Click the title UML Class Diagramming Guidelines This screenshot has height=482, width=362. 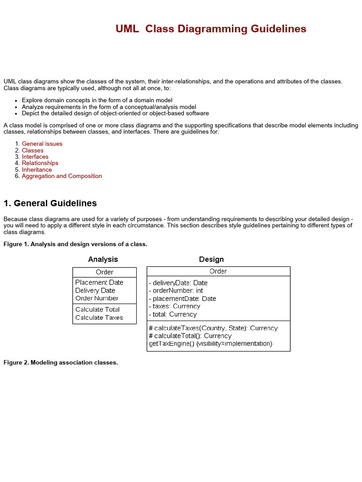(211, 29)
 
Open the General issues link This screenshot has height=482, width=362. (42, 144)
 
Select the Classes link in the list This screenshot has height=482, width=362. (33, 150)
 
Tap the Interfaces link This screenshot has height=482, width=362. (35, 157)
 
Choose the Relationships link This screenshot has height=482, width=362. (40, 163)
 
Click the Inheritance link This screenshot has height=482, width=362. (37, 169)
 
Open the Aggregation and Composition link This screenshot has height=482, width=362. (62, 176)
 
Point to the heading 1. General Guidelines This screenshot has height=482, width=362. (50, 203)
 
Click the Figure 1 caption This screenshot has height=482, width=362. (75, 244)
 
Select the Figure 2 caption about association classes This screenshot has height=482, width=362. (60, 362)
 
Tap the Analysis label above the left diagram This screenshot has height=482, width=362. (103, 259)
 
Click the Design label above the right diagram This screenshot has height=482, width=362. (211, 259)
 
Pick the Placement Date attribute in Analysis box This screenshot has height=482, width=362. (99, 282)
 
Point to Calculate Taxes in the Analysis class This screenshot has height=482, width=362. (99, 318)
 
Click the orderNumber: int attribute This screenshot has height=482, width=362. (176, 291)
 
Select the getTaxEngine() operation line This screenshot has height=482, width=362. (211, 344)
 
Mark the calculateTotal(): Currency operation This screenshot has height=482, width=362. (190, 336)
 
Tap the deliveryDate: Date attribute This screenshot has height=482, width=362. (178, 283)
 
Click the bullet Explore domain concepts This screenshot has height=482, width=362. (97, 100)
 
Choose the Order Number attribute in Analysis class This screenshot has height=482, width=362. (97, 298)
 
